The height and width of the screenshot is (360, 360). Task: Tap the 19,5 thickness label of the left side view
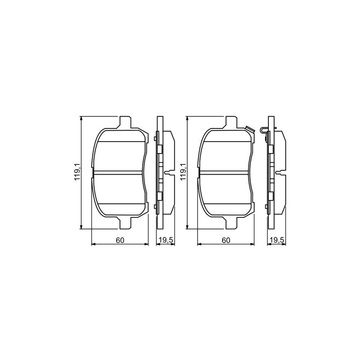(x=165, y=240)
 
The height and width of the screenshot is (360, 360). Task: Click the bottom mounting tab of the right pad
(x=231, y=224)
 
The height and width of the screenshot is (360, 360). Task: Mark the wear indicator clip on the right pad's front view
(x=250, y=129)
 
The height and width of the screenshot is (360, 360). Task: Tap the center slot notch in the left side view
(x=170, y=173)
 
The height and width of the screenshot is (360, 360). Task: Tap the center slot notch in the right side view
(x=282, y=173)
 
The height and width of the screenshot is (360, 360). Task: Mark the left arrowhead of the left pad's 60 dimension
(x=94, y=244)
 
